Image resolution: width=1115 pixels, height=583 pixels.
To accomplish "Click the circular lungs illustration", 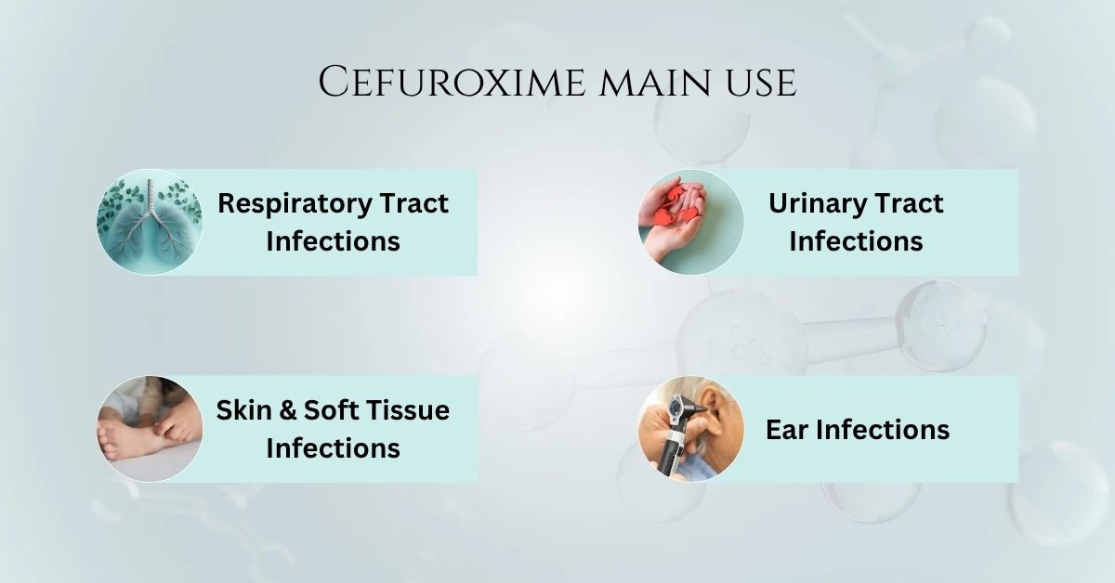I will pos(150,222).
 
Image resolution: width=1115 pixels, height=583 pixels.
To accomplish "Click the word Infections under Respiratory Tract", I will pos(333,241).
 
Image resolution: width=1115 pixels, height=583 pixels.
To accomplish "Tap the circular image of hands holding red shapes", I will pos(690,222).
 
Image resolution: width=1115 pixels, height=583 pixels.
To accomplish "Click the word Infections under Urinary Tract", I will pos(856,241).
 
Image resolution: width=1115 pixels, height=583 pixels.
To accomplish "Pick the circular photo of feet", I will pos(150,429).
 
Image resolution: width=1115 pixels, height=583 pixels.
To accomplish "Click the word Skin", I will pos(242,410).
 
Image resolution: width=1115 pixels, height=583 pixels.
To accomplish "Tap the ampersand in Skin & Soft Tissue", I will pos(284,410).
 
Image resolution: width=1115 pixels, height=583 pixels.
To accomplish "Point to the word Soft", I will pos(327,410).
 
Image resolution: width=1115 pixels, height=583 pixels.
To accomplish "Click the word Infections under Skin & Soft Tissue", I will pos(333,448).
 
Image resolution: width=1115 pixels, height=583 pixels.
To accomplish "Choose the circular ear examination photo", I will pos(690,429).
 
